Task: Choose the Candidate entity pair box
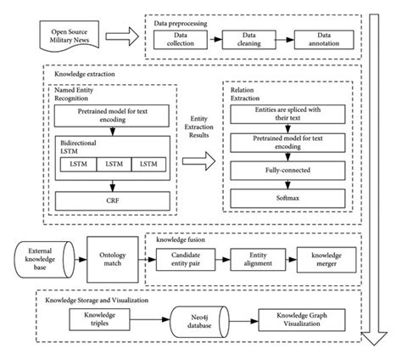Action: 190,258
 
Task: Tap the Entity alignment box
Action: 260,258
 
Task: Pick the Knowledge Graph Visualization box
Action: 305,319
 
